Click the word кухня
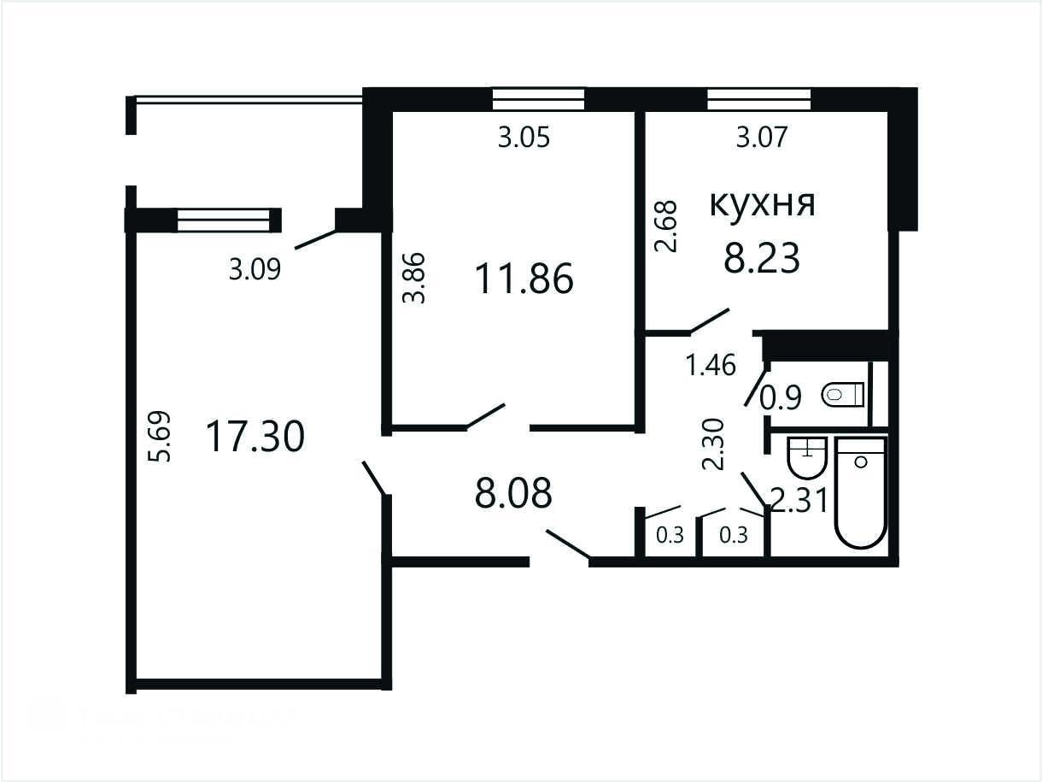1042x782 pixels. [x=762, y=203]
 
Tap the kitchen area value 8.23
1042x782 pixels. [x=762, y=257]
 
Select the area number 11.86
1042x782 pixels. [x=524, y=279]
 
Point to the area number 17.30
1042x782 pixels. [x=255, y=437]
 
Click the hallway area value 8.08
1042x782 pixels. [x=513, y=493]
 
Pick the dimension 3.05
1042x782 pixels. [x=524, y=138]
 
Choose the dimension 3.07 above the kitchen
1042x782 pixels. [x=762, y=137]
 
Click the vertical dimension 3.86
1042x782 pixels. [x=413, y=278]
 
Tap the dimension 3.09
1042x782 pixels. [x=255, y=269]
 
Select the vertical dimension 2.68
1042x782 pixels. [x=665, y=226]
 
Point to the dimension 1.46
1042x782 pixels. [x=711, y=365]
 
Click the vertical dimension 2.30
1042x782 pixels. [x=713, y=444]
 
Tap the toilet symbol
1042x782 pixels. [x=842, y=394]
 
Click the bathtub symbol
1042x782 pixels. [x=861, y=493]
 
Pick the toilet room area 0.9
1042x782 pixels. [x=781, y=397]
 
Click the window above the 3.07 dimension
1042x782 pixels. [x=759, y=100]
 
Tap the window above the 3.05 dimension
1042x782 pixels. [x=538, y=100]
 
